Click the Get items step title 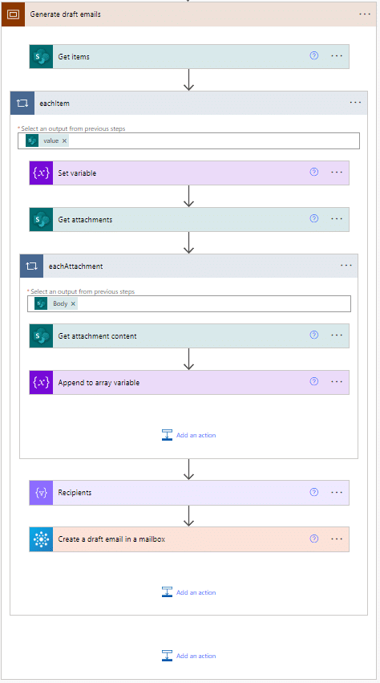coord(74,57)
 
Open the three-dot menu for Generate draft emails coord(365,14)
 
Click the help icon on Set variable coord(313,172)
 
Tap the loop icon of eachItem coord(22,104)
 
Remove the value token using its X coord(64,140)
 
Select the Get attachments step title coord(85,220)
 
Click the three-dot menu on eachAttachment coord(346,266)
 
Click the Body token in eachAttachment coord(60,303)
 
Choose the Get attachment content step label coord(97,335)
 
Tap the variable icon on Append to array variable coord(42,383)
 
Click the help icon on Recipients coord(313,492)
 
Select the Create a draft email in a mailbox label coord(111,539)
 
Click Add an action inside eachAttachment coord(188,435)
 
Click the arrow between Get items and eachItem coord(188,79)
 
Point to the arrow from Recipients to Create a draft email coord(188,516)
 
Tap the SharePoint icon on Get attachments coord(42,220)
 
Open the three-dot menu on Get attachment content coord(337,335)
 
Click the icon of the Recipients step coord(42,493)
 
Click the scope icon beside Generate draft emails coord(14,14)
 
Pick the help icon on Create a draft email coord(313,539)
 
